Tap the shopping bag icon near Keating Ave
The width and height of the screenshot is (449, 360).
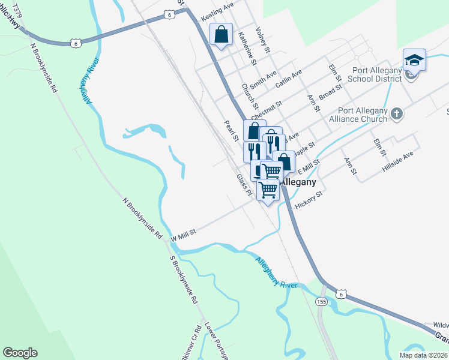click(x=221, y=35)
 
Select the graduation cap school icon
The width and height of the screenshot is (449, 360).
click(x=414, y=59)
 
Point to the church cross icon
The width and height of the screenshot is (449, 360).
click(x=397, y=113)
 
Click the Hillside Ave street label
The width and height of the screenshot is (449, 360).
click(x=398, y=163)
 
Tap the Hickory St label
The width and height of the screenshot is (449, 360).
click(x=309, y=200)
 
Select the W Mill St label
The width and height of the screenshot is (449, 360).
click(x=184, y=236)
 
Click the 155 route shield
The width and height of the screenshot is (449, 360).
click(x=322, y=302)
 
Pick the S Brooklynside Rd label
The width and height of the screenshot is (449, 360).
click(x=184, y=281)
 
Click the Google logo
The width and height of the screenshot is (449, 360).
click(x=20, y=353)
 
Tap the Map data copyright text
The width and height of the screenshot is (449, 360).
click(x=423, y=355)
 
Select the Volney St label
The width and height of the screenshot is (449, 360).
click(x=264, y=39)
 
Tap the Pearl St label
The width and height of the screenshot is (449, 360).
click(x=231, y=131)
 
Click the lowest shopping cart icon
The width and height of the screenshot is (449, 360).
click(x=268, y=190)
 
